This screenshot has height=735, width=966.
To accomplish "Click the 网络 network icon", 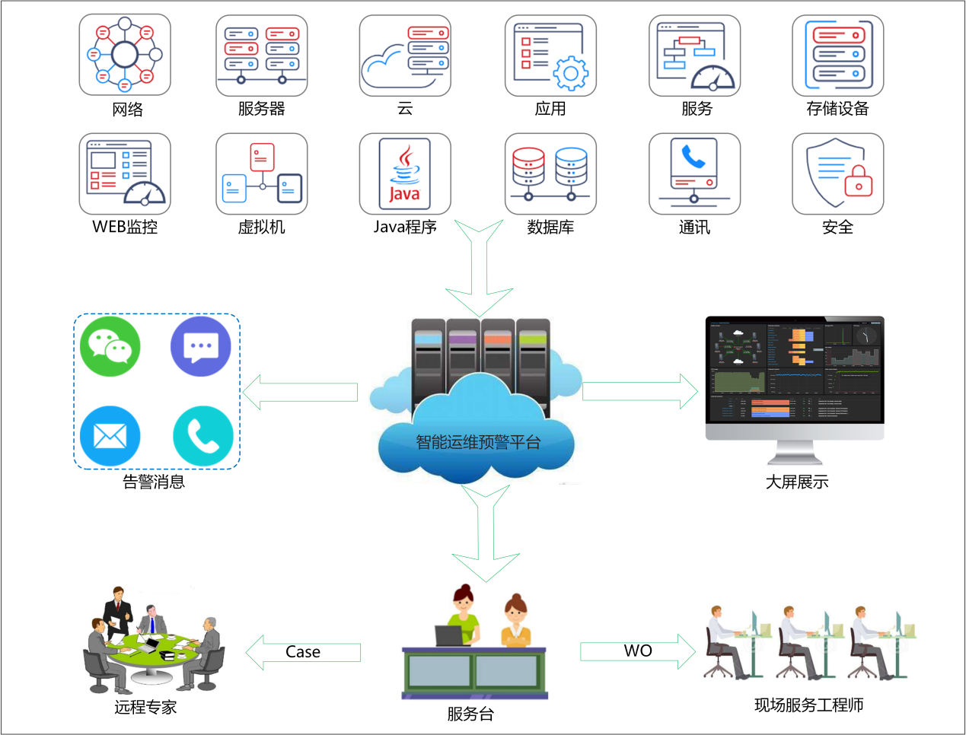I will click(x=125, y=56).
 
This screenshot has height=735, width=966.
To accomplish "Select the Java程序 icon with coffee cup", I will click(x=405, y=174).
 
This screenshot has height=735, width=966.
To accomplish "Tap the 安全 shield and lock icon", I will click(x=837, y=174).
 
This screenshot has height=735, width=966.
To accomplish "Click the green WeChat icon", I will click(x=110, y=347).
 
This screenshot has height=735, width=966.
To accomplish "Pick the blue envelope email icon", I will click(x=110, y=436).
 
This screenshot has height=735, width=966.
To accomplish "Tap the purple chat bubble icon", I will click(x=201, y=347).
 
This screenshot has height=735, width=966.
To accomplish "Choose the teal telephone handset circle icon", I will click(x=202, y=436).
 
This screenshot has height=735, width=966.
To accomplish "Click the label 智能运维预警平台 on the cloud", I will click(x=478, y=442).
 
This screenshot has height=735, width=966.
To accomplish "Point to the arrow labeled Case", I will click(x=303, y=652).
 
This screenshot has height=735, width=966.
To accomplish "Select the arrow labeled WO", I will click(x=638, y=651).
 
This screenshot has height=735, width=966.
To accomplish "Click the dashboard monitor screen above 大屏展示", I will click(x=795, y=370).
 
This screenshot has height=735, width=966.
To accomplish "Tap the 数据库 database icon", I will click(x=550, y=174).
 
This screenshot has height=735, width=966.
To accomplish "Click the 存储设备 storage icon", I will click(x=837, y=56).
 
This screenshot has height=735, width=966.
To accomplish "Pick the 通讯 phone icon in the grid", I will click(x=694, y=174).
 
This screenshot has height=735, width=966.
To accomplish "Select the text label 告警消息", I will click(x=154, y=482).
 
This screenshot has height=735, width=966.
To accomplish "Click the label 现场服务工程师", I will click(x=808, y=705).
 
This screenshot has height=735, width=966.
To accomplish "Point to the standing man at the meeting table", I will click(x=117, y=609).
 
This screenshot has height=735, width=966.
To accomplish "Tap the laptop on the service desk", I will click(x=449, y=636).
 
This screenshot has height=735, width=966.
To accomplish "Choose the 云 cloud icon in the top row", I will click(x=405, y=56).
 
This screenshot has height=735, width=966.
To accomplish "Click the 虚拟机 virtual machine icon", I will click(x=262, y=174).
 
